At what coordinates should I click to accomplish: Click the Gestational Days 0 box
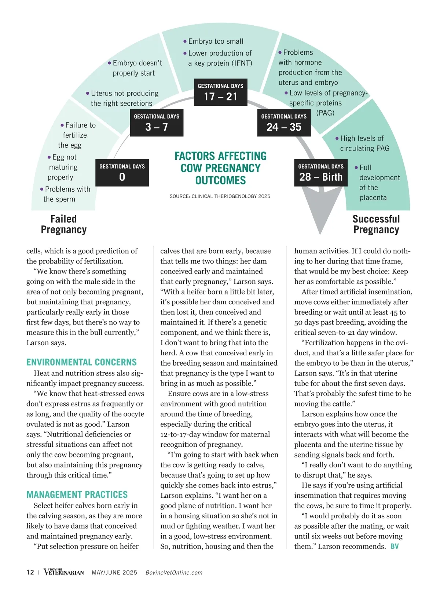(122, 173)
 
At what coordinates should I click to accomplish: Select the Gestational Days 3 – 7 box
(157, 123)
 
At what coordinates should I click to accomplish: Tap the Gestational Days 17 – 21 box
(220, 92)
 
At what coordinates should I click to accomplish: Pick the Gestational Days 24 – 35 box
(284, 123)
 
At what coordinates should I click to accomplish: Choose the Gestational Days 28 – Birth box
(321, 173)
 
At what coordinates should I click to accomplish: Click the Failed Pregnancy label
(64, 224)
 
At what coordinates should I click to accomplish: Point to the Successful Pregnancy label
(376, 224)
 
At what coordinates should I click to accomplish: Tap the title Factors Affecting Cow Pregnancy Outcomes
(220, 168)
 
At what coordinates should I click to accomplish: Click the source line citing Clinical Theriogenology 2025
(220, 196)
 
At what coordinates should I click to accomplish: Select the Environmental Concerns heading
(81, 362)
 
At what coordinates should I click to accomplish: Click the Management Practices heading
(77, 495)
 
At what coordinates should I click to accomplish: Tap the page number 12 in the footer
(30, 572)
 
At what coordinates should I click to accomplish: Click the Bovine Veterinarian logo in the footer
(64, 572)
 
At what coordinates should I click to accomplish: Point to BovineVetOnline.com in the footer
(174, 573)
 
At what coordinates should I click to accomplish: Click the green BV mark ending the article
(395, 546)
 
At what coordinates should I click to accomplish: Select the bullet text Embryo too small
(216, 41)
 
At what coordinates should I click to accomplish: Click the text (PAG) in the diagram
(325, 113)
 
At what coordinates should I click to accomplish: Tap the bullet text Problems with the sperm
(65, 194)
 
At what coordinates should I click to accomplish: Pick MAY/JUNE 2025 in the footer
(114, 573)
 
